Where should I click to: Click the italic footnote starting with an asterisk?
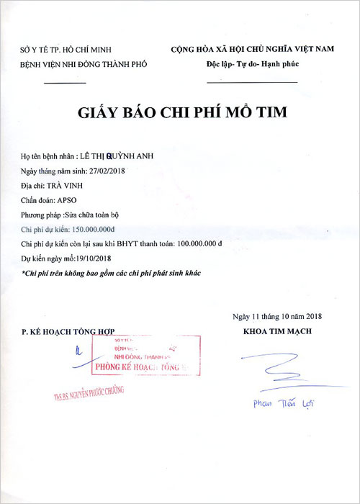pos(111,274)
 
